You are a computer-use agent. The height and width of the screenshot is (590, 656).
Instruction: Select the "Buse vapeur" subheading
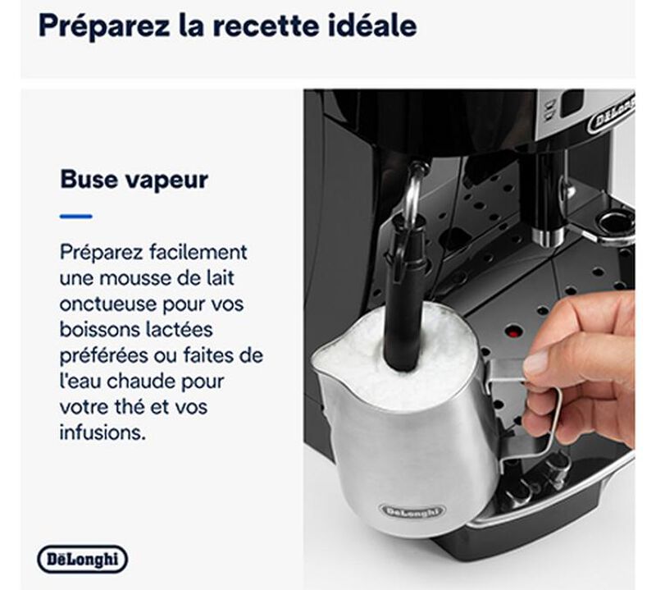tap(134, 180)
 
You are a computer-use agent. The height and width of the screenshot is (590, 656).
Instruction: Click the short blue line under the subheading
tap(75, 217)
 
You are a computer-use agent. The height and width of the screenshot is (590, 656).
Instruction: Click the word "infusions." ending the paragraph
tap(102, 432)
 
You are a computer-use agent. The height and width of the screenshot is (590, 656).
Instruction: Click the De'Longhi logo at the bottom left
tap(83, 559)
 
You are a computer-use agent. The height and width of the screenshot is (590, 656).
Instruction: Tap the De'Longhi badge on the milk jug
tap(412, 511)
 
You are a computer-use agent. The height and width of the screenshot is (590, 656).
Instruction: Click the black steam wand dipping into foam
tap(403, 301)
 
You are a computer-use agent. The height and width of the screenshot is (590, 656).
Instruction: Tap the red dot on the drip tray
tap(513, 333)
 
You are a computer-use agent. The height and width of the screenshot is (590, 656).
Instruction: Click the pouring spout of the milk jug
tap(323, 361)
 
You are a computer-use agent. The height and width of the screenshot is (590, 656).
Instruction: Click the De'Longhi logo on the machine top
tap(612, 116)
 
